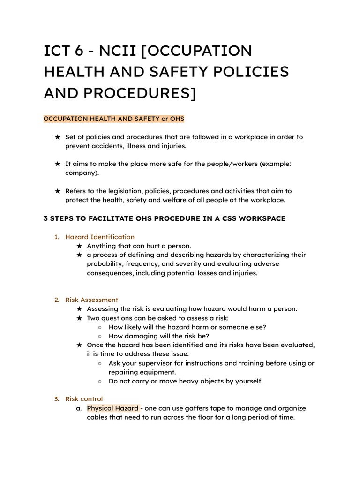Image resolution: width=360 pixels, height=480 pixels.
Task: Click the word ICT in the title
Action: click(59, 51)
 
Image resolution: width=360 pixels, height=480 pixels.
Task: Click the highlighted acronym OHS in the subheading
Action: click(177, 119)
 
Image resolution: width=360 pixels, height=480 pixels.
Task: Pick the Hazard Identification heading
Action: click(99, 237)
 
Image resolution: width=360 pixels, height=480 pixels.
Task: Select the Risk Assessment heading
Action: click(91, 300)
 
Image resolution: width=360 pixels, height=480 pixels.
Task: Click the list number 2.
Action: click(56, 300)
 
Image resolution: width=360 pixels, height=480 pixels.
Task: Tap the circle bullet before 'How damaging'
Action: click(100, 336)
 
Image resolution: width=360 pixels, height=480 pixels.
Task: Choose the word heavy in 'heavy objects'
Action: click(189, 381)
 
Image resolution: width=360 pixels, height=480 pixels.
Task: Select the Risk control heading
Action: click(84, 399)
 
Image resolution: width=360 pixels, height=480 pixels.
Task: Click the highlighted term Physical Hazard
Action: click(112, 408)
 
